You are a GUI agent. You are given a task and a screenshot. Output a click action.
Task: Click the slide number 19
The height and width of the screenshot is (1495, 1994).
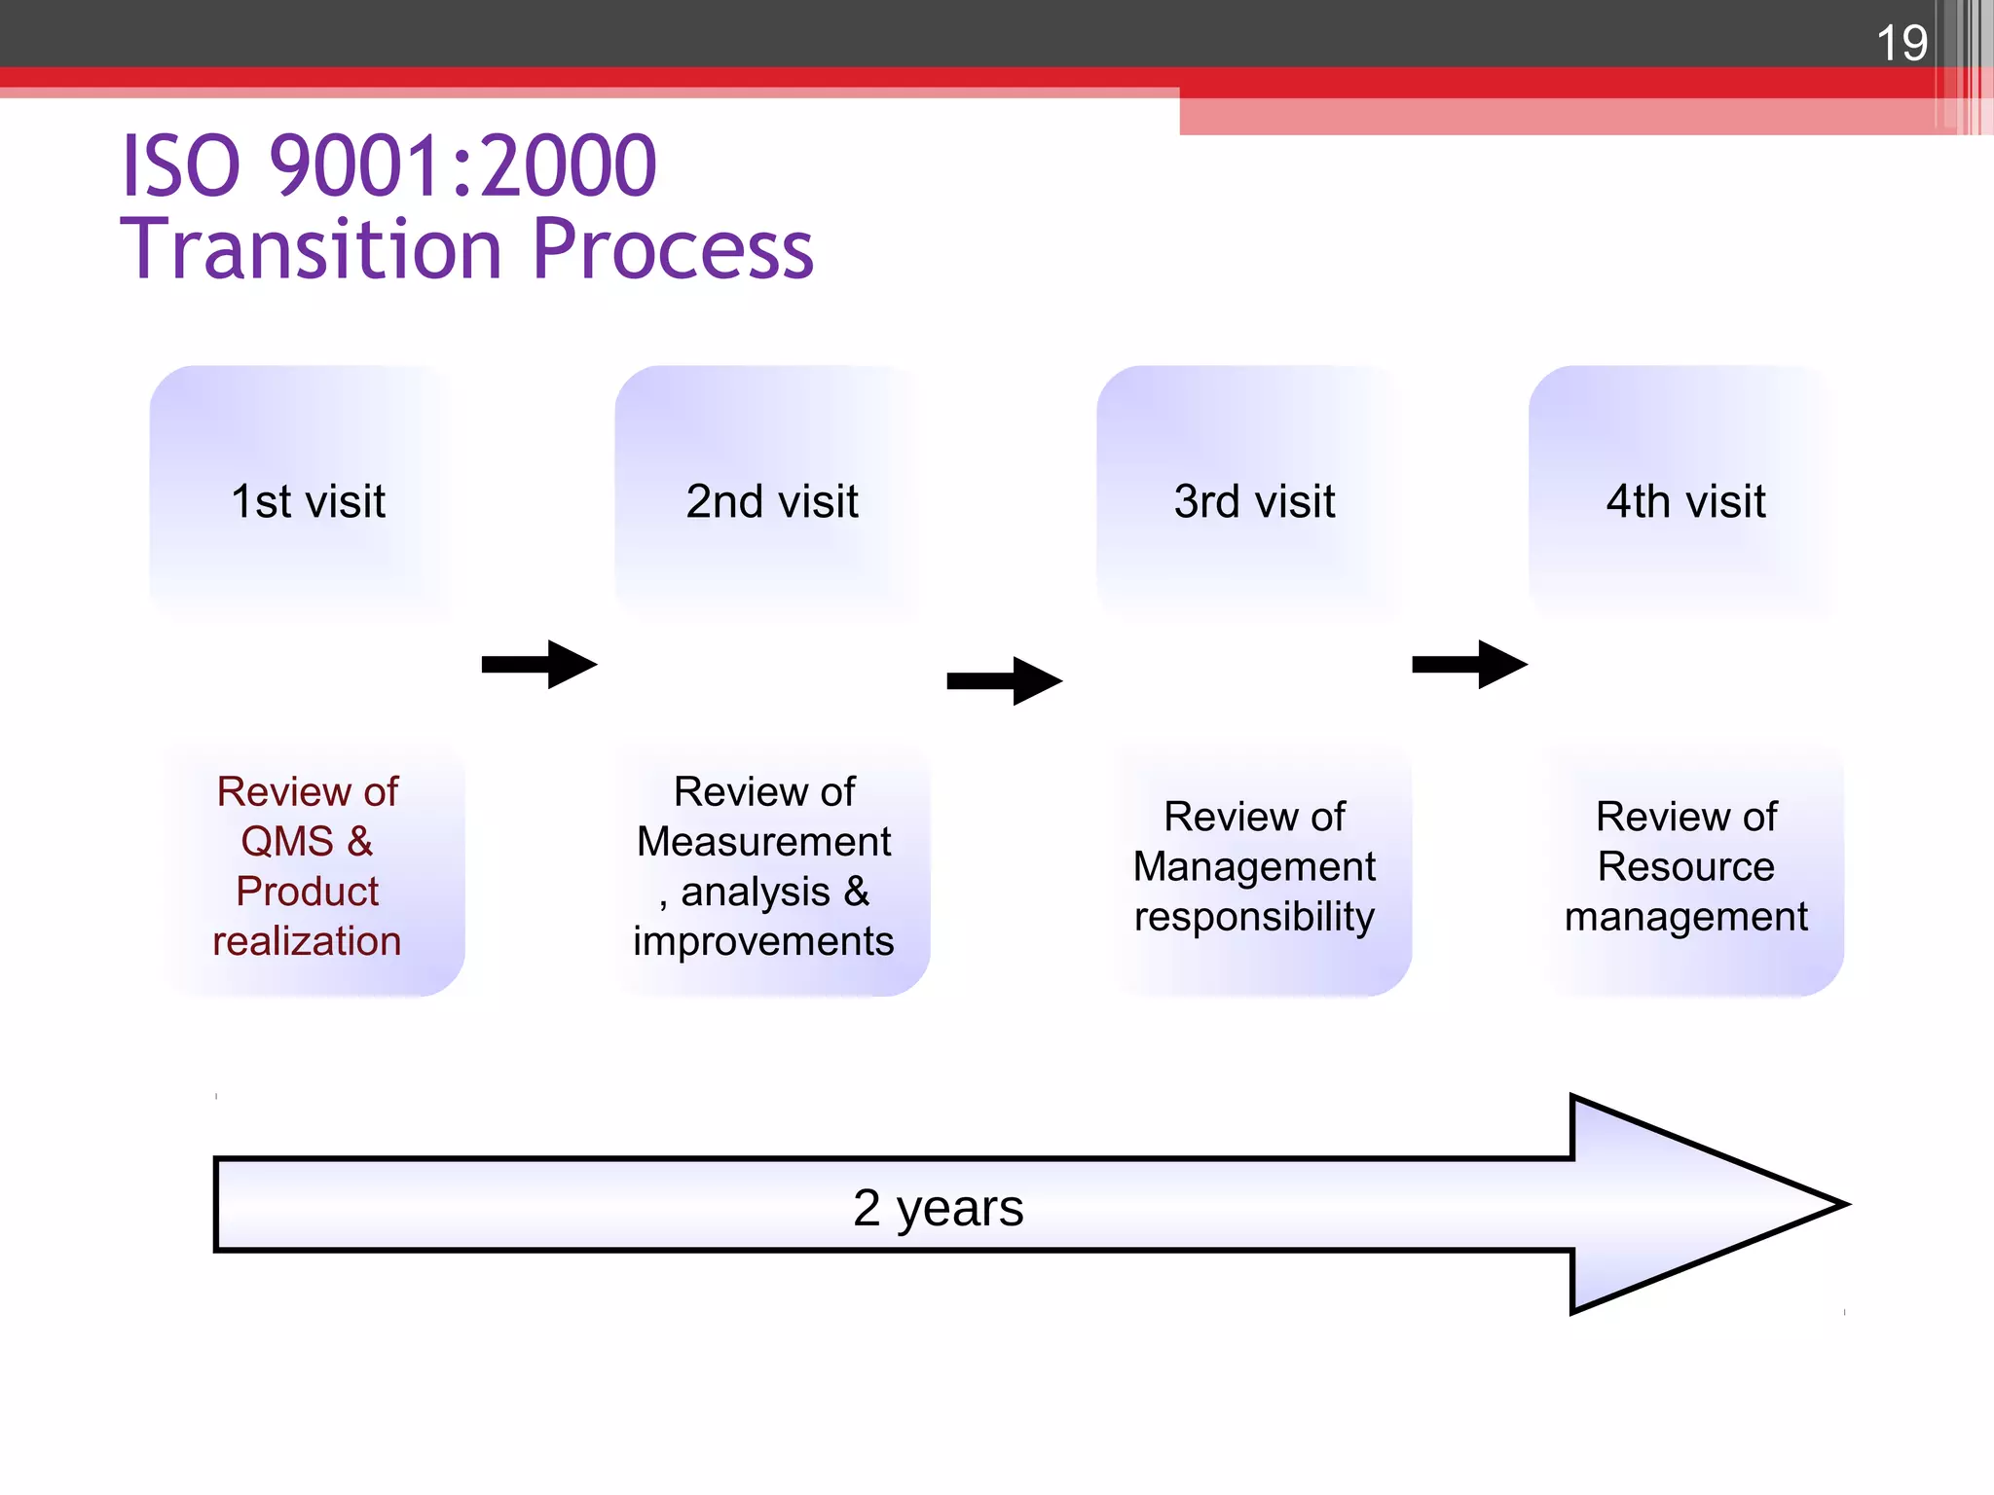click(1901, 43)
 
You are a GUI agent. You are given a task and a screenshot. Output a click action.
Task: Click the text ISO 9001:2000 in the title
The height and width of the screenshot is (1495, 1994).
click(389, 165)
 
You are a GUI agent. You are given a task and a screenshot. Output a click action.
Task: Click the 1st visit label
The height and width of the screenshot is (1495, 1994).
click(308, 502)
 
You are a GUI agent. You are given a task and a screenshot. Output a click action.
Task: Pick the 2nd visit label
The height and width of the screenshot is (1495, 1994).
click(772, 502)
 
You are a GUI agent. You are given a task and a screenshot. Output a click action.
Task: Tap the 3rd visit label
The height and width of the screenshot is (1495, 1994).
click(1254, 502)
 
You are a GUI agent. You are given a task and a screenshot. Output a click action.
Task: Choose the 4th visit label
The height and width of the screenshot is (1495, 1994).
click(1685, 502)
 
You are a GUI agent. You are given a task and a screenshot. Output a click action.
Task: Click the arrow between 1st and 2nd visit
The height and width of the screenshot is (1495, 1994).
click(539, 665)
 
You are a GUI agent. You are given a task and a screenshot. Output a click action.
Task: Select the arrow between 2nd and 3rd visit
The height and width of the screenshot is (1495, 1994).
click(1004, 681)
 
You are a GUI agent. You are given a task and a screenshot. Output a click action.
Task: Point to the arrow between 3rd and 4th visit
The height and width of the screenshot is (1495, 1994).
click(1469, 665)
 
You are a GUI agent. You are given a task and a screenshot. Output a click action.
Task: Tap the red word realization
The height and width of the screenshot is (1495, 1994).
click(307, 941)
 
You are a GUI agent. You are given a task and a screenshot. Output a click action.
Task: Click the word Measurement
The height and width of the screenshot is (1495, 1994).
click(763, 842)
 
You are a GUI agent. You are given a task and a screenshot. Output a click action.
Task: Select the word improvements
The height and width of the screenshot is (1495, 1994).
click(763, 941)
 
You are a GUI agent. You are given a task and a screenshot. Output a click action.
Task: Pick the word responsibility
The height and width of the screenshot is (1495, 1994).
click(1254, 917)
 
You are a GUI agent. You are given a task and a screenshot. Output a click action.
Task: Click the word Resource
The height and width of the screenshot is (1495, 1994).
click(1685, 866)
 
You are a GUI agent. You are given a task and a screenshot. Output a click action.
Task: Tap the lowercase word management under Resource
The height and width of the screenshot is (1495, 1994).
click(1685, 917)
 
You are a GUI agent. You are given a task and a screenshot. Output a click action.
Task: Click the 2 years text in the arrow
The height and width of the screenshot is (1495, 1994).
click(938, 1208)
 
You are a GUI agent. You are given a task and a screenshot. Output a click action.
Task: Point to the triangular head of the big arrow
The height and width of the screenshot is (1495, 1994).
click(1694, 1205)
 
